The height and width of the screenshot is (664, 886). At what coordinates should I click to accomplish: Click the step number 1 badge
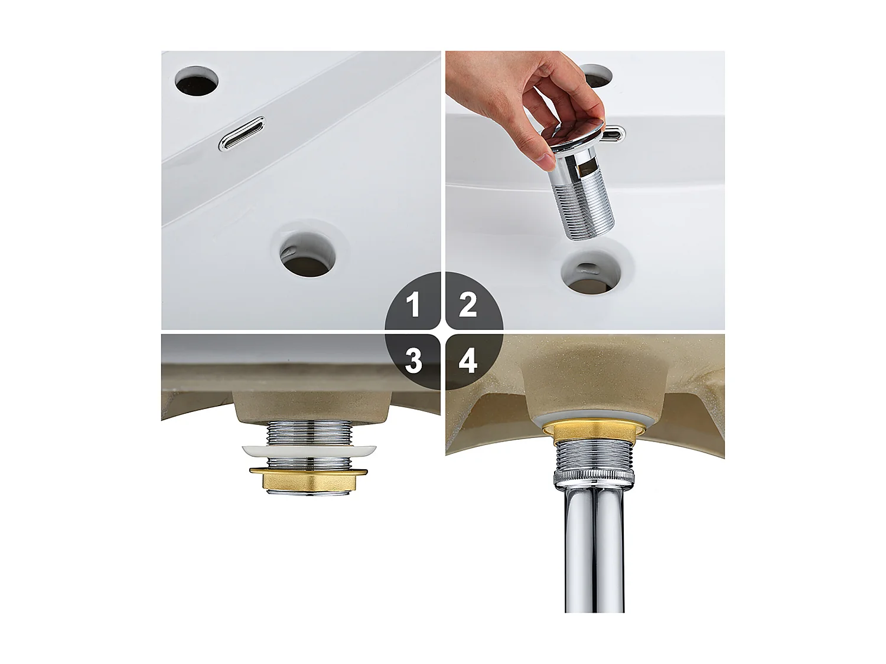coord(413,305)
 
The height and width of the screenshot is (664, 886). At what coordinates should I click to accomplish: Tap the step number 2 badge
coord(468,305)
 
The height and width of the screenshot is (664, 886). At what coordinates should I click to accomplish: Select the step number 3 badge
coord(413,359)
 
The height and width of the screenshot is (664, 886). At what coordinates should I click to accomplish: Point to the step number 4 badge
coord(468,359)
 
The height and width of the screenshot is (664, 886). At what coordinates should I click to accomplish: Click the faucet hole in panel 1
coord(197,81)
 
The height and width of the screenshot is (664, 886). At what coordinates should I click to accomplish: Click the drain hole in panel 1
coord(308,254)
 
